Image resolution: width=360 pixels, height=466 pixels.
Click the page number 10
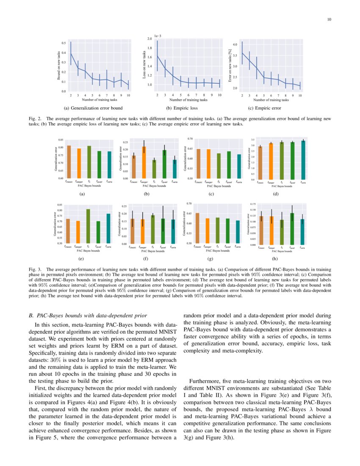pos(329,19)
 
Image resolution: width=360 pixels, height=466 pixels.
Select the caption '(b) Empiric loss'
pos(188,108)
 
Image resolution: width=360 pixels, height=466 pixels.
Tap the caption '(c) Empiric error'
pos(266,108)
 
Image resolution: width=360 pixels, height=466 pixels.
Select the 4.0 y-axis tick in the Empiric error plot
pos(235,44)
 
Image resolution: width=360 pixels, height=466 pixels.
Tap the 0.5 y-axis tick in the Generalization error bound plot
pos(63,43)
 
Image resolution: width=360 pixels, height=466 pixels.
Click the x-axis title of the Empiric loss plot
pos(188,100)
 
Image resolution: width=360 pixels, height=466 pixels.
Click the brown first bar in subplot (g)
pos(197,228)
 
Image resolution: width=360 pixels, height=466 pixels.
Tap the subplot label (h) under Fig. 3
pos(275,258)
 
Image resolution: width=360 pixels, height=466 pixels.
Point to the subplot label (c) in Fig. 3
pos(211,194)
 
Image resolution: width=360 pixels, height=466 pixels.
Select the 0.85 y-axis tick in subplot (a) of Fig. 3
pos(61,140)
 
